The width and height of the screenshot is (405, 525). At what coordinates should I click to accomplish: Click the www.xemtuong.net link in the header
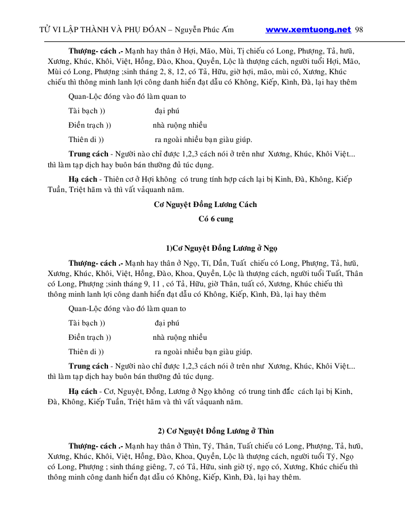pos(308,29)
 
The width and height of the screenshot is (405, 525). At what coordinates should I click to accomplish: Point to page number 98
pos(360,30)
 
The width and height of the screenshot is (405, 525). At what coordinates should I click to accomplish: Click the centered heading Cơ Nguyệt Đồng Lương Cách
pos(206,205)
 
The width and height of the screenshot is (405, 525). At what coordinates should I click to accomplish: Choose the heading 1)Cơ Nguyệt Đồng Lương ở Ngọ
pos(222,248)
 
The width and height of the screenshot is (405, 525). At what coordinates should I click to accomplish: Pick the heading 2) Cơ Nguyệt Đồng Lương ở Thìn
pos(215,431)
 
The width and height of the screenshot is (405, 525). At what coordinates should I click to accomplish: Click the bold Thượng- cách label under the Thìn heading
pos(95,446)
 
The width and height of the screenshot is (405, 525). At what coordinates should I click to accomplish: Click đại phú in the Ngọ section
pos(167,323)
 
